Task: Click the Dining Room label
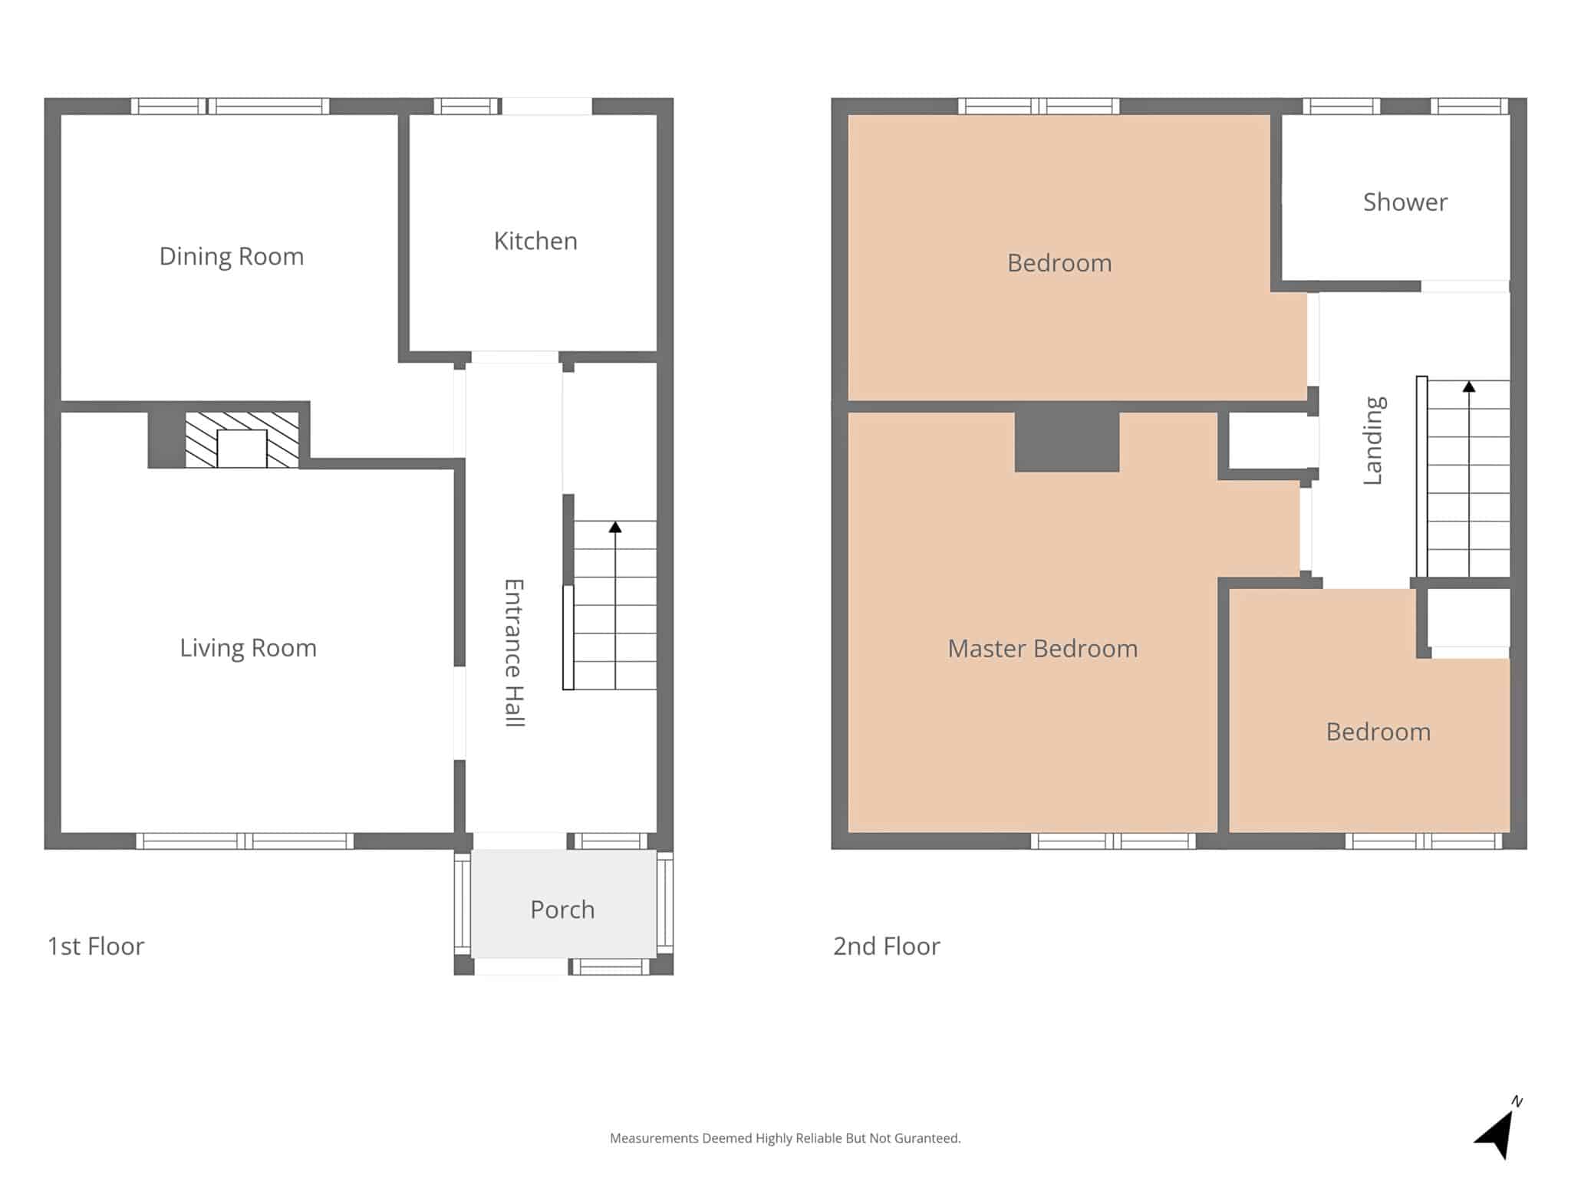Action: pyautogui.click(x=231, y=256)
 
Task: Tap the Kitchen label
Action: pyautogui.click(x=535, y=241)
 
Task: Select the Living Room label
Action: pyautogui.click(x=248, y=648)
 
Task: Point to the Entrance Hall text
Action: pyautogui.click(x=513, y=653)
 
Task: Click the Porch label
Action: pyautogui.click(x=562, y=910)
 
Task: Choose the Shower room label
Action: pyautogui.click(x=1405, y=202)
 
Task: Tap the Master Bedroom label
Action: pyautogui.click(x=1042, y=649)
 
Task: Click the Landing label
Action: pyautogui.click(x=1373, y=440)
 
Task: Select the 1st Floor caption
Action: pyautogui.click(x=96, y=946)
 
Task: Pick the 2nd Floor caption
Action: pyautogui.click(x=886, y=946)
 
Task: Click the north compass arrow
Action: pyautogui.click(x=1496, y=1131)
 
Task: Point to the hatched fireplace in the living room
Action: pyautogui.click(x=242, y=440)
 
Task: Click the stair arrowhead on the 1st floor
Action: pyautogui.click(x=615, y=527)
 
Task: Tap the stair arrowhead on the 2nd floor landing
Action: pyautogui.click(x=1469, y=387)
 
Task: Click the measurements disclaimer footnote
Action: pyautogui.click(x=785, y=1139)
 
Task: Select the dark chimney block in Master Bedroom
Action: pyautogui.click(x=1067, y=442)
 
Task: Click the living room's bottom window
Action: pyautogui.click(x=245, y=841)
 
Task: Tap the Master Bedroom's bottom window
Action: pyautogui.click(x=1113, y=841)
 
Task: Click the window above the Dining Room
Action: pyautogui.click(x=230, y=106)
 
